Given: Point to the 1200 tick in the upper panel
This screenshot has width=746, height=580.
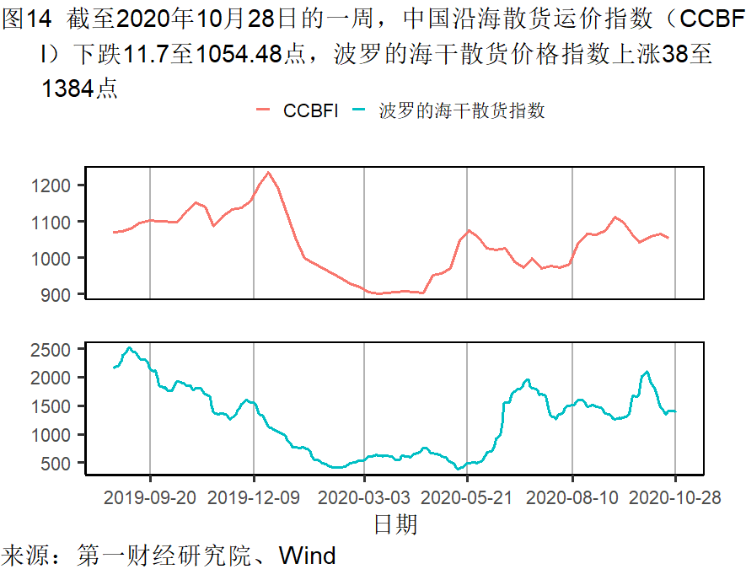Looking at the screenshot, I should coord(56,185).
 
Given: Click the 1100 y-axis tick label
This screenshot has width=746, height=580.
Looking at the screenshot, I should coord(56,222).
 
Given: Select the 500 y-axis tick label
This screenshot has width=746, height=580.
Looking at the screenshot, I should coord(61,464).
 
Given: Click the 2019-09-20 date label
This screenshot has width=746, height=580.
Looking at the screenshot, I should coord(150,497).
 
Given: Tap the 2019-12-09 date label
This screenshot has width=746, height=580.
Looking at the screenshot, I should coord(254,497).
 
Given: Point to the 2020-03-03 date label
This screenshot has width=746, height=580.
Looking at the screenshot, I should coord(364,497).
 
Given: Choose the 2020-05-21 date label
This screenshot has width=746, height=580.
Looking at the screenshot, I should coord(467,497).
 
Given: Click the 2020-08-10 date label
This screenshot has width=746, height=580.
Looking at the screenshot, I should coord(572,497).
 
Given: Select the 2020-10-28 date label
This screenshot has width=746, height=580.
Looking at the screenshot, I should coord(675,497).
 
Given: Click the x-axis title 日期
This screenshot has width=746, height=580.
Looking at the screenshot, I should coord(395,524).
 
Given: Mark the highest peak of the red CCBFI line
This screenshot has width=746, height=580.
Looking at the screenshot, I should coord(268,173).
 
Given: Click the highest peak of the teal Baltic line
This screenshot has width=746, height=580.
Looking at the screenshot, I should coord(129,347).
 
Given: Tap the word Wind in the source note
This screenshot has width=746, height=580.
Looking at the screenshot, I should coord(307,556).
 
